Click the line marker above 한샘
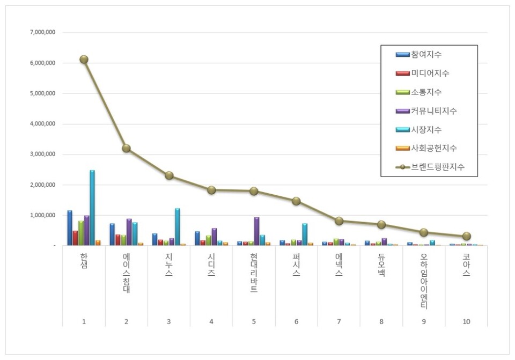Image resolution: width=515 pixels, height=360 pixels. pyautogui.click(x=84, y=60)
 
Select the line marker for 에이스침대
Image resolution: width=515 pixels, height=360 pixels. pyautogui.click(x=126, y=148)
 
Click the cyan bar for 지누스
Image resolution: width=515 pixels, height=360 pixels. pyautogui.click(x=177, y=226)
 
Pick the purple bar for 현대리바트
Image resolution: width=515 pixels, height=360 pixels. pyautogui.click(x=256, y=231)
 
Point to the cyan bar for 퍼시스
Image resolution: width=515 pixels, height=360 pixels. pyautogui.click(x=305, y=234)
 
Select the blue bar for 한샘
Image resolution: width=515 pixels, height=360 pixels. pyautogui.click(x=70, y=227)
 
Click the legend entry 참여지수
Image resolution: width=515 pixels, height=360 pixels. pyautogui.click(x=426, y=55)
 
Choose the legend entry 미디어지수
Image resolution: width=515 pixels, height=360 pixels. pyautogui.click(x=430, y=74)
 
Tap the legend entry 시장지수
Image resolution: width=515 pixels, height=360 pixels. pyautogui.click(x=426, y=130)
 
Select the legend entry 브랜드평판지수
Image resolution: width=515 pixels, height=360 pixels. pyautogui.click(x=437, y=167)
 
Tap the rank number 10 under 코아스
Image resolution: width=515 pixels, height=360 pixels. pyautogui.click(x=466, y=321)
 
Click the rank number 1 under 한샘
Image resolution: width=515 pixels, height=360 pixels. pyautogui.click(x=84, y=321)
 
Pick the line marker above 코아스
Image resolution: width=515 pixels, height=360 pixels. pyautogui.click(x=467, y=236)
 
